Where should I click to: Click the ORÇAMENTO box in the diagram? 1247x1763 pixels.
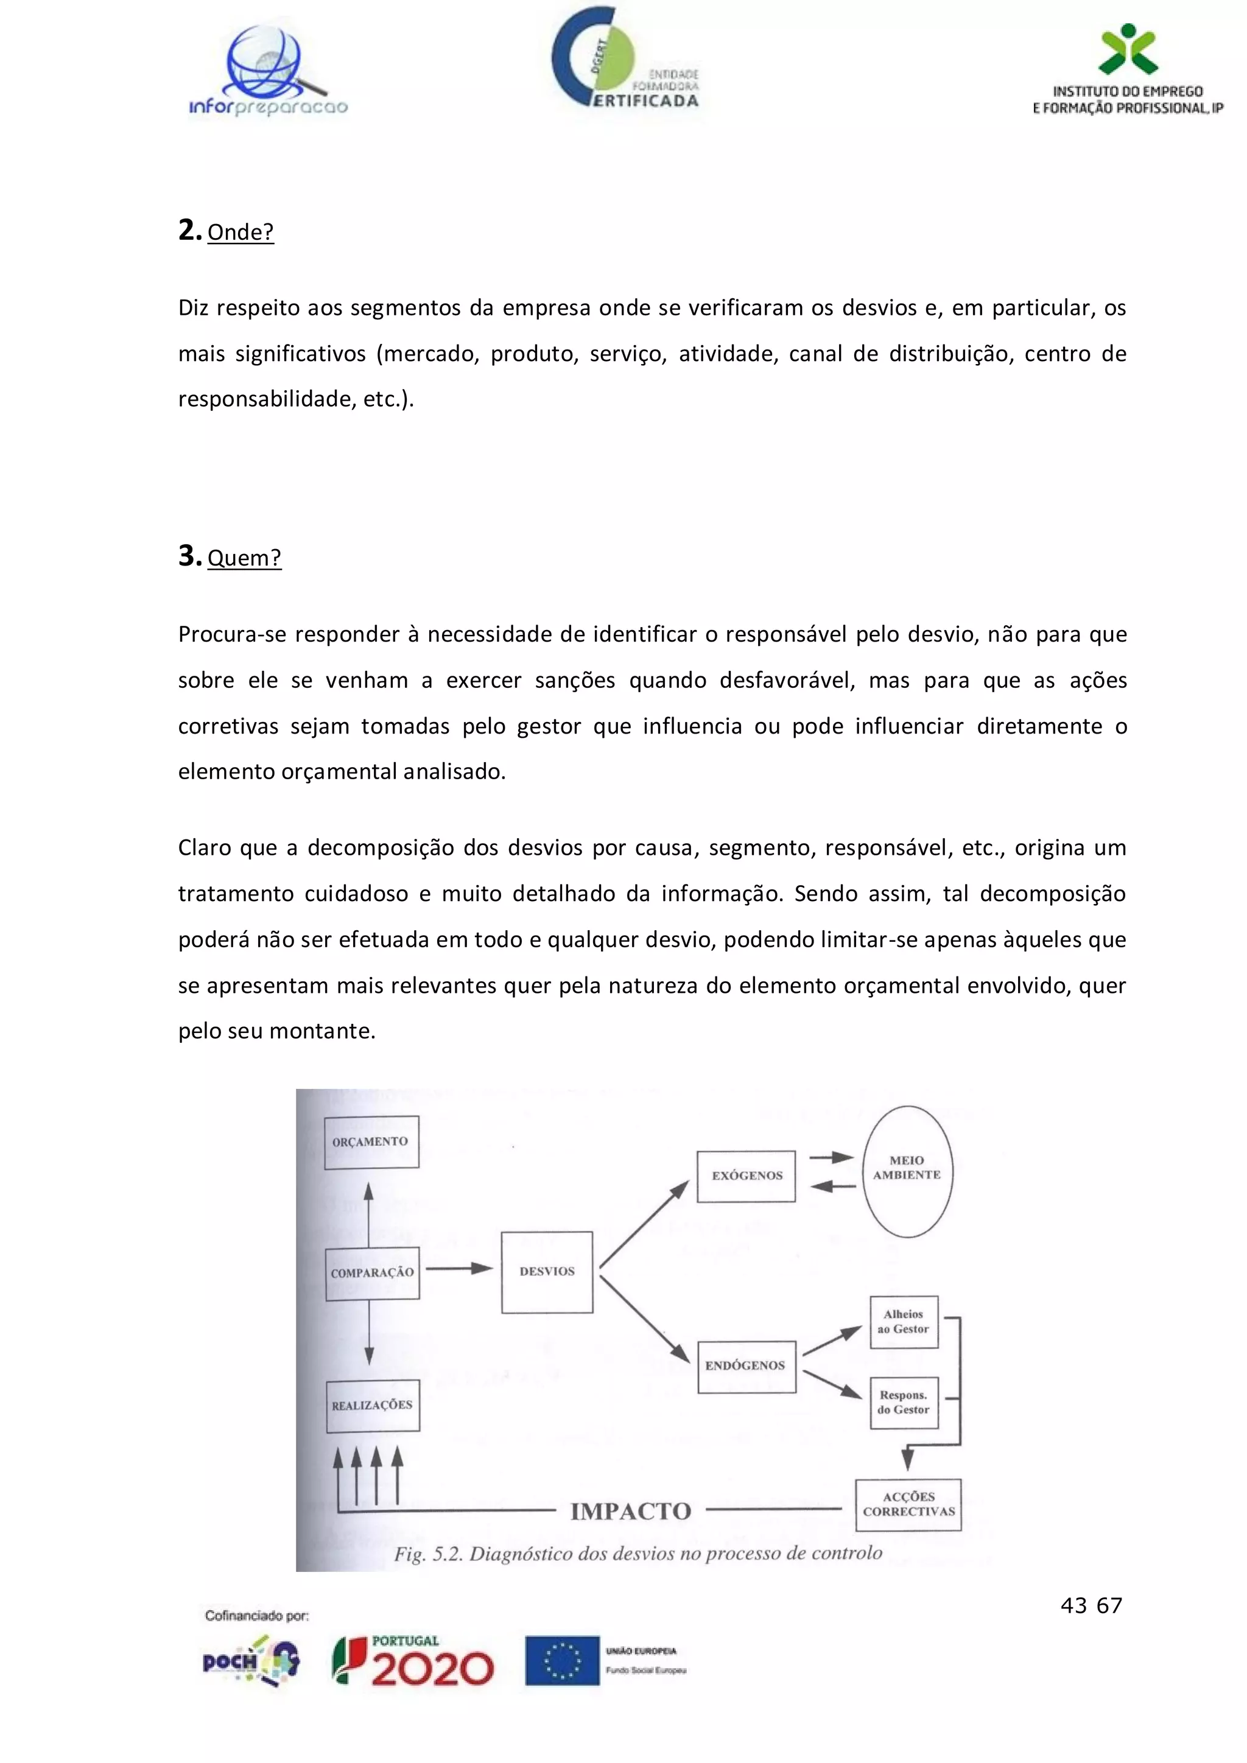click(x=371, y=1142)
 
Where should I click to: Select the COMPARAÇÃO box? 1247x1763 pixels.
click(x=373, y=1273)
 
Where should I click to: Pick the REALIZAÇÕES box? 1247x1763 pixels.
click(x=373, y=1405)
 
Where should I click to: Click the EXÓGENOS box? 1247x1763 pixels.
click(x=746, y=1176)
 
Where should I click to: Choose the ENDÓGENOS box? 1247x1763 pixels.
click(x=746, y=1366)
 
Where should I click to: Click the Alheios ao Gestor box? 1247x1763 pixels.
click(x=904, y=1322)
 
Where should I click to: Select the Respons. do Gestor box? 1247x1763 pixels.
click(x=904, y=1402)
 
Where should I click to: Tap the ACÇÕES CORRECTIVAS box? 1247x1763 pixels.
click(x=908, y=1504)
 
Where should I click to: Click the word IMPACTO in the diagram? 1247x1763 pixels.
click(x=630, y=1511)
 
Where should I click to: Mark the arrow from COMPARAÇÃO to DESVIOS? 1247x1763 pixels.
click(x=459, y=1269)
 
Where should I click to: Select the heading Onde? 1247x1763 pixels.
click(x=241, y=232)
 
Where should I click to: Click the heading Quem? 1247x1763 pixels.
click(x=244, y=558)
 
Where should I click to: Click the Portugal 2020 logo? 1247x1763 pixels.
click(x=413, y=1661)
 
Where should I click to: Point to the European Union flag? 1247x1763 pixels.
click(x=562, y=1661)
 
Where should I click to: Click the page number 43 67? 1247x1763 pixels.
click(x=1091, y=1605)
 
